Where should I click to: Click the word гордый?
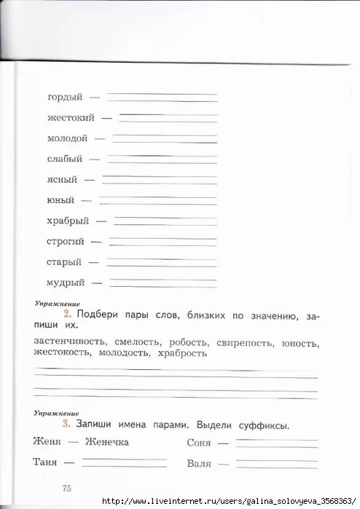click(x=65, y=97)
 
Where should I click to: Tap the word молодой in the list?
click(x=68, y=138)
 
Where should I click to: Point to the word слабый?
click(x=65, y=159)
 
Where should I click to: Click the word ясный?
click(x=61, y=179)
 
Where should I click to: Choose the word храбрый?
click(x=68, y=221)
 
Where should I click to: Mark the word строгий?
click(x=66, y=241)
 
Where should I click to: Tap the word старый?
click(x=64, y=262)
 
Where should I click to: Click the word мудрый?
click(x=66, y=283)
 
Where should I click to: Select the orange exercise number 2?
click(x=66, y=315)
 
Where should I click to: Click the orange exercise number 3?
click(x=66, y=425)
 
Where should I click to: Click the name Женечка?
click(x=106, y=442)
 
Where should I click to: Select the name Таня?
click(x=45, y=462)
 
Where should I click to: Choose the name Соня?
click(x=198, y=443)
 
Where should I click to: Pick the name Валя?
click(x=199, y=462)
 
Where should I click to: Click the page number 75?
click(x=67, y=489)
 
